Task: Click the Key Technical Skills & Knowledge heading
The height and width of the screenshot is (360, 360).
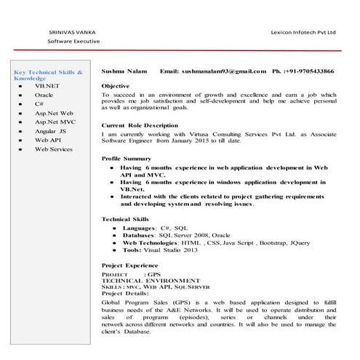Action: point(48,76)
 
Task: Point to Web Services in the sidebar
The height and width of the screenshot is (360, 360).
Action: point(54,149)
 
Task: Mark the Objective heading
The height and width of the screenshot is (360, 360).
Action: point(116,87)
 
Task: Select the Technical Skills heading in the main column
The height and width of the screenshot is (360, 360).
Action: point(125,218)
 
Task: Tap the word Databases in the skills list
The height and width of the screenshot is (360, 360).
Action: point(138,236)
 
